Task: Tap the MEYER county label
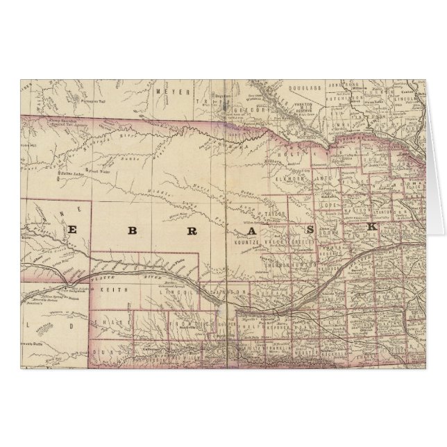tap(169, 91)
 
